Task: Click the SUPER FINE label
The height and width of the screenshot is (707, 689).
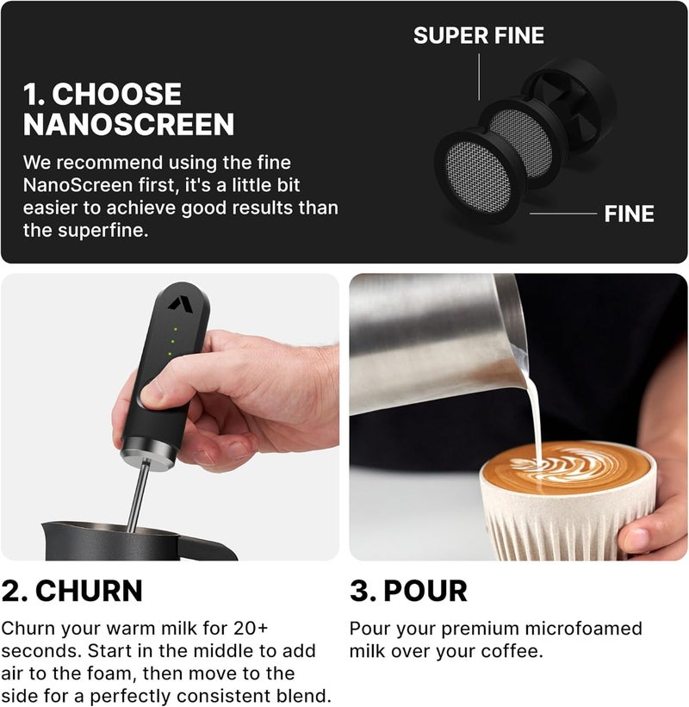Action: pos(478,36)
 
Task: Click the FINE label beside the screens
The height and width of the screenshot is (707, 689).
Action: pos(629,214)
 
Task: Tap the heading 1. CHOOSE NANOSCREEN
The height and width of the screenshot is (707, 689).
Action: pos(128,109)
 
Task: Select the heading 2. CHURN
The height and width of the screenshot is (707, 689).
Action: pos(72,591)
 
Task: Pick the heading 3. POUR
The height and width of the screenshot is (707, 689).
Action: pos(408,591)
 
